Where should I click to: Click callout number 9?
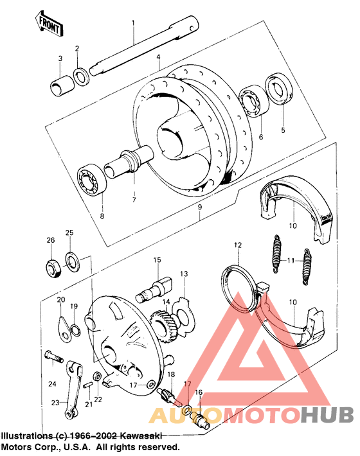199,207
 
